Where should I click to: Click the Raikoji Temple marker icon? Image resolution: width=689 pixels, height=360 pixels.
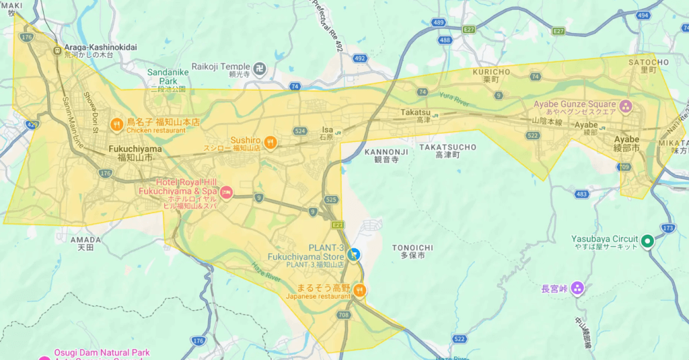tap(259, 68)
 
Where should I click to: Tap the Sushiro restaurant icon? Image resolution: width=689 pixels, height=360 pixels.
tap(270, 142)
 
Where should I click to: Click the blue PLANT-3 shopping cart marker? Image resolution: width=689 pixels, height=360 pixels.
tap(355, 254)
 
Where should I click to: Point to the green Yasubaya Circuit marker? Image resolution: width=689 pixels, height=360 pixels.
tap(647, 241)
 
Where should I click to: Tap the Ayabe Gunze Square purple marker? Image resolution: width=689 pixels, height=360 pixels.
tap(626, 106)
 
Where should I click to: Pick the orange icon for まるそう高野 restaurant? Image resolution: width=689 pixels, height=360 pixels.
tap(360, 290)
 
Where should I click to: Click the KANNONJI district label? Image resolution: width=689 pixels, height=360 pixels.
tap(386, 152)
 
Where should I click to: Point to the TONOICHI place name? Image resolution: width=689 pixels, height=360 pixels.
tap(412, 248)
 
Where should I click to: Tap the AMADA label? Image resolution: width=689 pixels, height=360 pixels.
tap(85, 240)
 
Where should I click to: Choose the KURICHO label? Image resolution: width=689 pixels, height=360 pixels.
tap(491, 71)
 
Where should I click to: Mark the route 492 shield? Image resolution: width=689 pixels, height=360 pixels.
tap(360, 59)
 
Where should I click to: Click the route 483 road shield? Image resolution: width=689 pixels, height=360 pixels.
tap(582, 194)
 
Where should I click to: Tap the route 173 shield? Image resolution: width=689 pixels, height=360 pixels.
tap(667, 229)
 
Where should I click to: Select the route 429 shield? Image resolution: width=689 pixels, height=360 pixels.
tap(32, 125)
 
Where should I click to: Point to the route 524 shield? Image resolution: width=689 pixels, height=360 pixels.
tap(300, 131)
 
